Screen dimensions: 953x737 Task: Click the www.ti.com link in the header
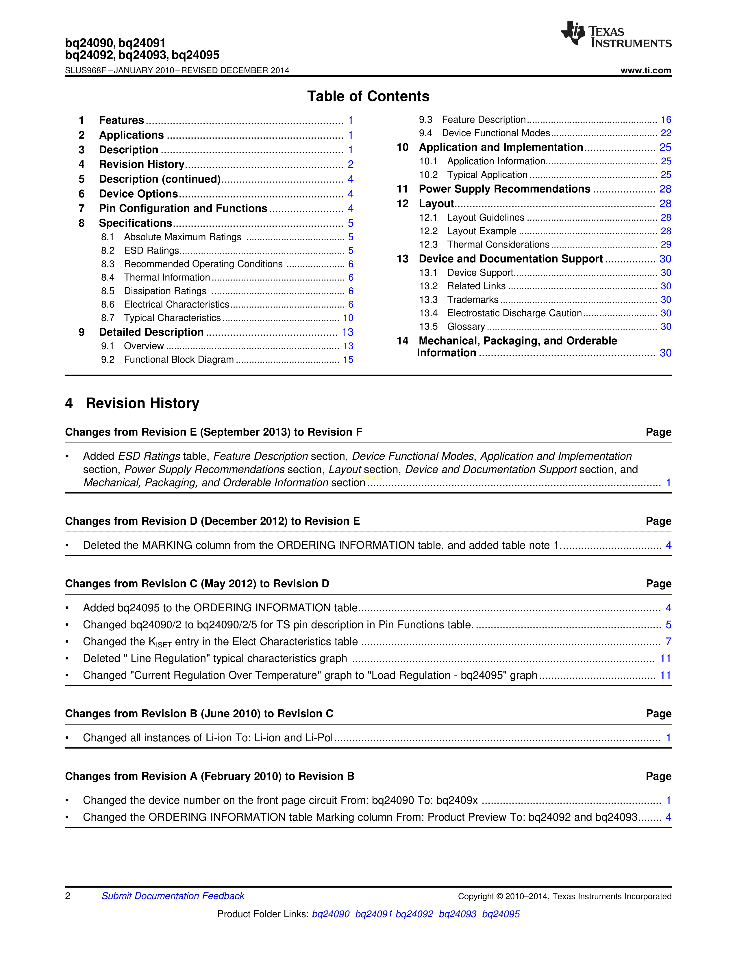pos(645,70)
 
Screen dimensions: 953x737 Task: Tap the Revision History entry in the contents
pos(141,165)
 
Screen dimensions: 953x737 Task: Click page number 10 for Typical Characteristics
pos(348,318)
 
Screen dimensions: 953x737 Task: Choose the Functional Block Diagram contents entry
pos(179,360)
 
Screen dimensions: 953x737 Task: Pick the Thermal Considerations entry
pos(498,245)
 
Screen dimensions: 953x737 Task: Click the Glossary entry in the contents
pos(466,327)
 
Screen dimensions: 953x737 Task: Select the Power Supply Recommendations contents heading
pos(504,189)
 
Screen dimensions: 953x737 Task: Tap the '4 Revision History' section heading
pos(132,403)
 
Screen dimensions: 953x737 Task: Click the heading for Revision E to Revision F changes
pos(214,432)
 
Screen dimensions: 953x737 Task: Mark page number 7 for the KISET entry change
pos(668,641)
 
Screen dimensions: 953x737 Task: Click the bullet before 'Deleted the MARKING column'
pos(67,546)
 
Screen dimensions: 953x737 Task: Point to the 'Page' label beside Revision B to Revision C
pos(658,714)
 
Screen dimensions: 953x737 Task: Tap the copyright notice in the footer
pos(564,896)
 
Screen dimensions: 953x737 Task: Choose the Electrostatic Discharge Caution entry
pos(514,313)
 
